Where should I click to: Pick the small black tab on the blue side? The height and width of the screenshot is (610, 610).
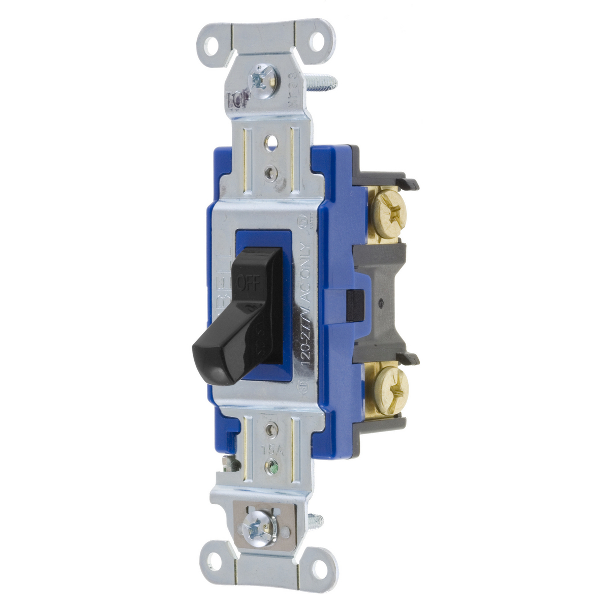[x=352, y=306]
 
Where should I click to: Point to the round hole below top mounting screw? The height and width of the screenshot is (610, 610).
[x=271, y=138]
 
